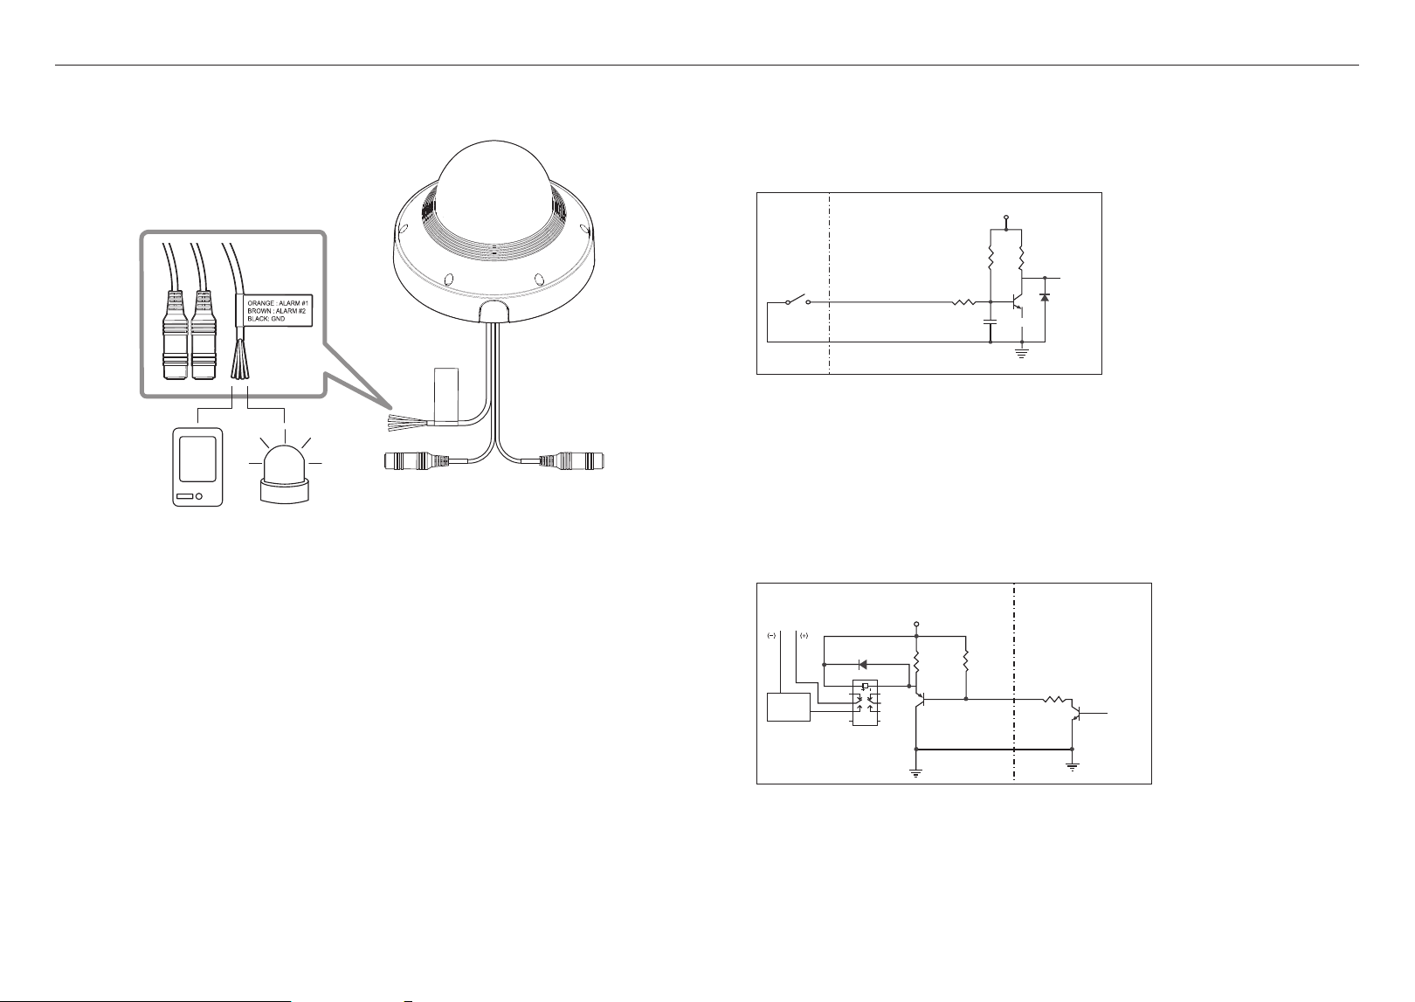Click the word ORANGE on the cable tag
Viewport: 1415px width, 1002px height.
pos(261,304)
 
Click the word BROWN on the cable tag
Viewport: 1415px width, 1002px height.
pos(259,312)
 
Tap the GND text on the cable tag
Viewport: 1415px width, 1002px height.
pos(278,319)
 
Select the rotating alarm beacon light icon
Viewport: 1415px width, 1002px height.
pos(285,470)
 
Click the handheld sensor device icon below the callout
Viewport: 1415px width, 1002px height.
pos(197,467)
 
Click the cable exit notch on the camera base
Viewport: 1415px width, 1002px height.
pos(494,312)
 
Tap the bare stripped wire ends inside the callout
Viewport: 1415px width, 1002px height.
pos(240,360)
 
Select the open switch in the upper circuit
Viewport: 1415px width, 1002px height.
pos(798,300)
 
